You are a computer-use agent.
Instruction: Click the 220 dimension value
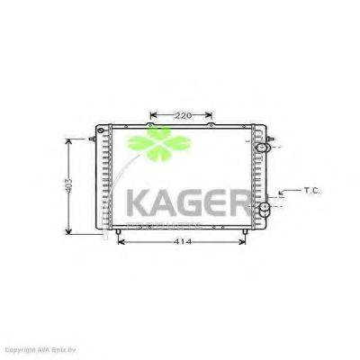(183, 115)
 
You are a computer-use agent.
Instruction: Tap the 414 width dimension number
(182, 242)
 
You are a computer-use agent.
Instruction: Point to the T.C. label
(311, 190)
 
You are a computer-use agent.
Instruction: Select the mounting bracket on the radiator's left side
(93, 140)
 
